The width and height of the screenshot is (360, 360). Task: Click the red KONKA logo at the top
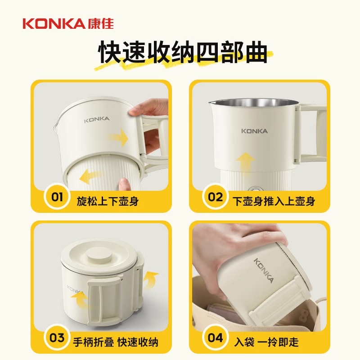[68, 24]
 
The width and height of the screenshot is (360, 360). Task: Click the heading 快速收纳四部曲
[183, 52]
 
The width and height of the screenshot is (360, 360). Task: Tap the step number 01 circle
[57, 197]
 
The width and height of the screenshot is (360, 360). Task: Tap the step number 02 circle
[215, 197]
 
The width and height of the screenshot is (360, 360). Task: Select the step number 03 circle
[57, 338]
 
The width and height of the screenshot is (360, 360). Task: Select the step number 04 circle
[215, 338]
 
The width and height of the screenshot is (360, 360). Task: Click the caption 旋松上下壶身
[108, 201]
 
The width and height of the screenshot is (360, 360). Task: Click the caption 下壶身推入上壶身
[274, 201]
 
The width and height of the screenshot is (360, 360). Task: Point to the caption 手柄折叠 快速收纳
[116, 342]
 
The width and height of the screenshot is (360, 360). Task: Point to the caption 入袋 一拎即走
[266, 342]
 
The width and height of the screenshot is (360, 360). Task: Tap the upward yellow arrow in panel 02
[245, 165]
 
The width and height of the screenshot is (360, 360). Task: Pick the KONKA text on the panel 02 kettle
[254, 131]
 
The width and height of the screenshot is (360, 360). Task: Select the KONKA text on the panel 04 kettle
[264, 270]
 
